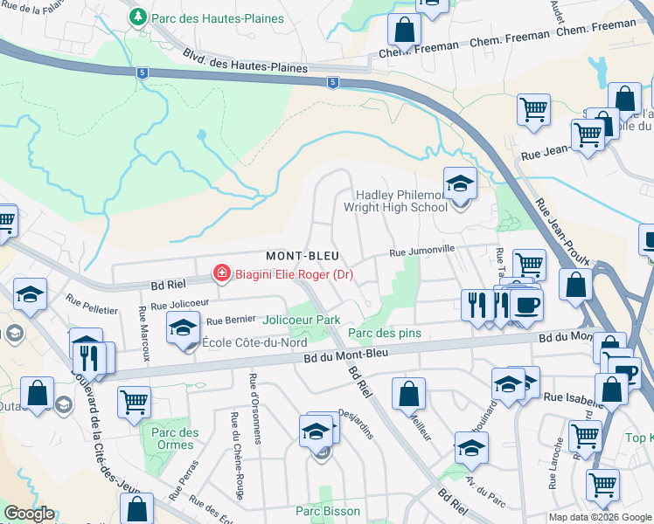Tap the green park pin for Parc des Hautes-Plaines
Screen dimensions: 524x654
pyautogui.click(x=137, y=17)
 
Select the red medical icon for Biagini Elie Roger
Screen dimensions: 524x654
pyautogui.click(x=222, y=274)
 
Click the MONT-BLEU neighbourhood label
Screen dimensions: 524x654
pyautogui.click(x=303, y=256)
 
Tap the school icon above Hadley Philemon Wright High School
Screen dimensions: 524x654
pyautogui.click(x=460, y=184)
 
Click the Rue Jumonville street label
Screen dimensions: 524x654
pyautogui.click(x=421, y=252)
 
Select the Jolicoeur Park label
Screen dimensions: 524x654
pyautogui.click(x=302, y=321)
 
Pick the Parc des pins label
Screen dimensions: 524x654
pyautogui.click(x=385, y=333)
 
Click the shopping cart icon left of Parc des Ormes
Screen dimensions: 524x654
pyautogui.click(x=134, y=402)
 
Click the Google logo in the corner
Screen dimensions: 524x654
pyautogui.click(x=29, y=514)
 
